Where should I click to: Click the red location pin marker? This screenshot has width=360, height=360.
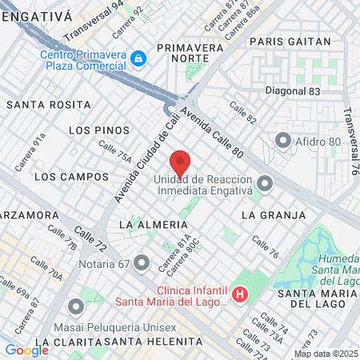(x=180, y=163)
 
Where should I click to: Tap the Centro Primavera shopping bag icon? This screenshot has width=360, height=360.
(x=139, y=58)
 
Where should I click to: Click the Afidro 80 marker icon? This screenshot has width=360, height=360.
(x=282, y=142)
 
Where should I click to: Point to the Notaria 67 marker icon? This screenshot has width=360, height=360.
(x=142, y=262)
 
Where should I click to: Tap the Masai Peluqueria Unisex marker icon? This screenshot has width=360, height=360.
(x=76, y=307)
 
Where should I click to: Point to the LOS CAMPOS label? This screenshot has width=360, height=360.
(x=71, y=176)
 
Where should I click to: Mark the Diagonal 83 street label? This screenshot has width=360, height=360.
(x=292, y=92)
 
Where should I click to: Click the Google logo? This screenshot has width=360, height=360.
(x=26, y=350)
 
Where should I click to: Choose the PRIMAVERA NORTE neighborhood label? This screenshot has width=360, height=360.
(x=189, y=54)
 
